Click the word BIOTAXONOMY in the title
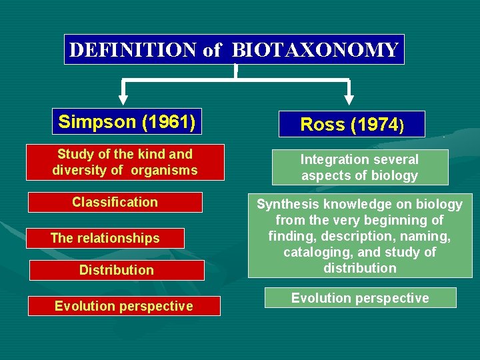pos(315,50)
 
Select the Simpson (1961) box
pos(127,121)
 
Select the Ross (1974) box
pos(352,125)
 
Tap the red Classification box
pos(115,202)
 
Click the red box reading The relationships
pos(105,238)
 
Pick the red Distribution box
pos(116,270)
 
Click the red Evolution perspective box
pos(124,306)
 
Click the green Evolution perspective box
pos(360,298)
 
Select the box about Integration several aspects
pos(360,167)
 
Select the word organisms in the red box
pos(164,170)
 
